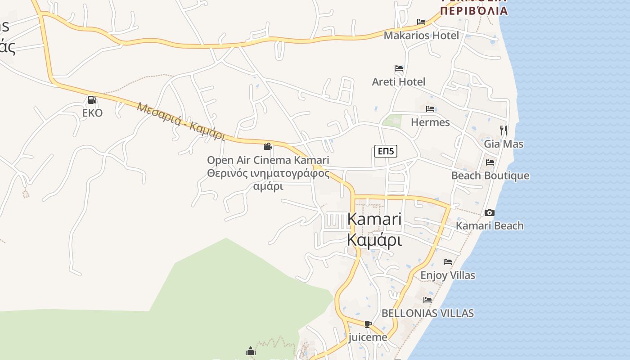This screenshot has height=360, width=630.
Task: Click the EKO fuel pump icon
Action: click(x=92, y=100)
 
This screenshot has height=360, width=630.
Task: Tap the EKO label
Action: click(x=92, y=113)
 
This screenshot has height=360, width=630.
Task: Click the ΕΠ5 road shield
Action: click(x=386, y=151)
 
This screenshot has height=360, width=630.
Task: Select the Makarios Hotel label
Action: click(x=421, y=36)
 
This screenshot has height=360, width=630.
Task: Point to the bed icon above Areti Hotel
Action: click(x=399, y=68)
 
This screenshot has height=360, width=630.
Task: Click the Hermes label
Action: click(x=430, y=122)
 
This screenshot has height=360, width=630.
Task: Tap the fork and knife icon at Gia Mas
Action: click(x=504, y=130)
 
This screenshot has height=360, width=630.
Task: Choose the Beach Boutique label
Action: click(x=490, y=175)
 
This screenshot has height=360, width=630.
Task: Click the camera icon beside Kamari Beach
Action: click(x=490, y=212)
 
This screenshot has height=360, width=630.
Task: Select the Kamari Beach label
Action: click(x=490, y=225)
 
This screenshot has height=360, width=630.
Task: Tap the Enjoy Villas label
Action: click(x=447, y=275)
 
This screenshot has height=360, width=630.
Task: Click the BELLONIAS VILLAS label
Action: click(x=427, y=313)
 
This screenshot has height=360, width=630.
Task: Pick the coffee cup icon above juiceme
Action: click(x=368, y=324)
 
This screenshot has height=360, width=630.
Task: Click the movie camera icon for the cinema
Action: click(x=268, y=147)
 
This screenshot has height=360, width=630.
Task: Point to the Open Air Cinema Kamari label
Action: click(x=268, y=160)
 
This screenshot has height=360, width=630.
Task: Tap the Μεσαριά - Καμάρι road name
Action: click(x=181, y=121)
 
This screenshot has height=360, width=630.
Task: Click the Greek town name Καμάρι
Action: click(x=374, y=240)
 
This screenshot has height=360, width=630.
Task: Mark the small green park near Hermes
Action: click(x=391, y=121)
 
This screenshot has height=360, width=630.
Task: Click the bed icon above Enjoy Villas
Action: click(x=447, y=261)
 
